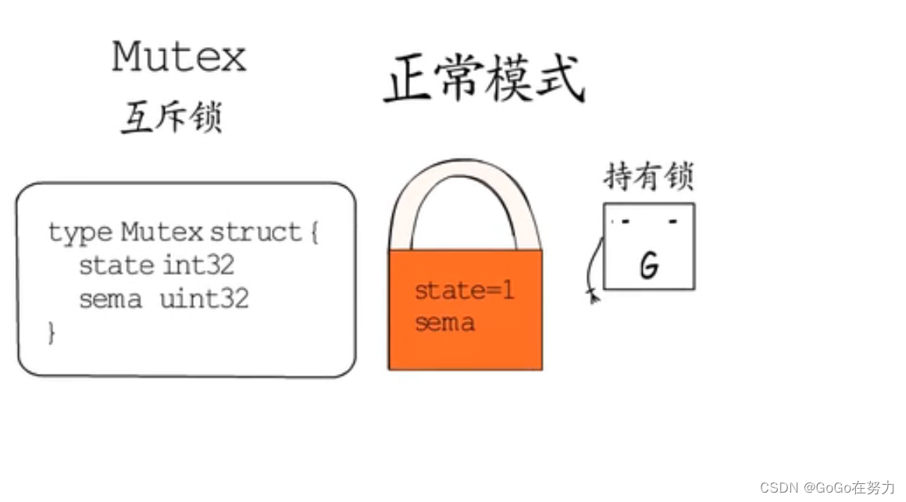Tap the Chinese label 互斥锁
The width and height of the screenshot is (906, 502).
pos(172,117)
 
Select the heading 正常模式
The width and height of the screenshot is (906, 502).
pos(484,80)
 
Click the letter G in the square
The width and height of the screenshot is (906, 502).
pos(648,266)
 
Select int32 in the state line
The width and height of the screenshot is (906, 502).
pos(198,265)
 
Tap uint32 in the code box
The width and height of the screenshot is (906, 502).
pos(204,299)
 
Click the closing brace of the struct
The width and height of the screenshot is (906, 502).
pos(52,333)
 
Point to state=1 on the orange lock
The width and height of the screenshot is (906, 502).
pos(465,291)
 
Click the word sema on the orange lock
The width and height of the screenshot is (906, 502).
pos(444,322)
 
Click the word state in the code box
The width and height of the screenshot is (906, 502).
pos(116,265)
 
